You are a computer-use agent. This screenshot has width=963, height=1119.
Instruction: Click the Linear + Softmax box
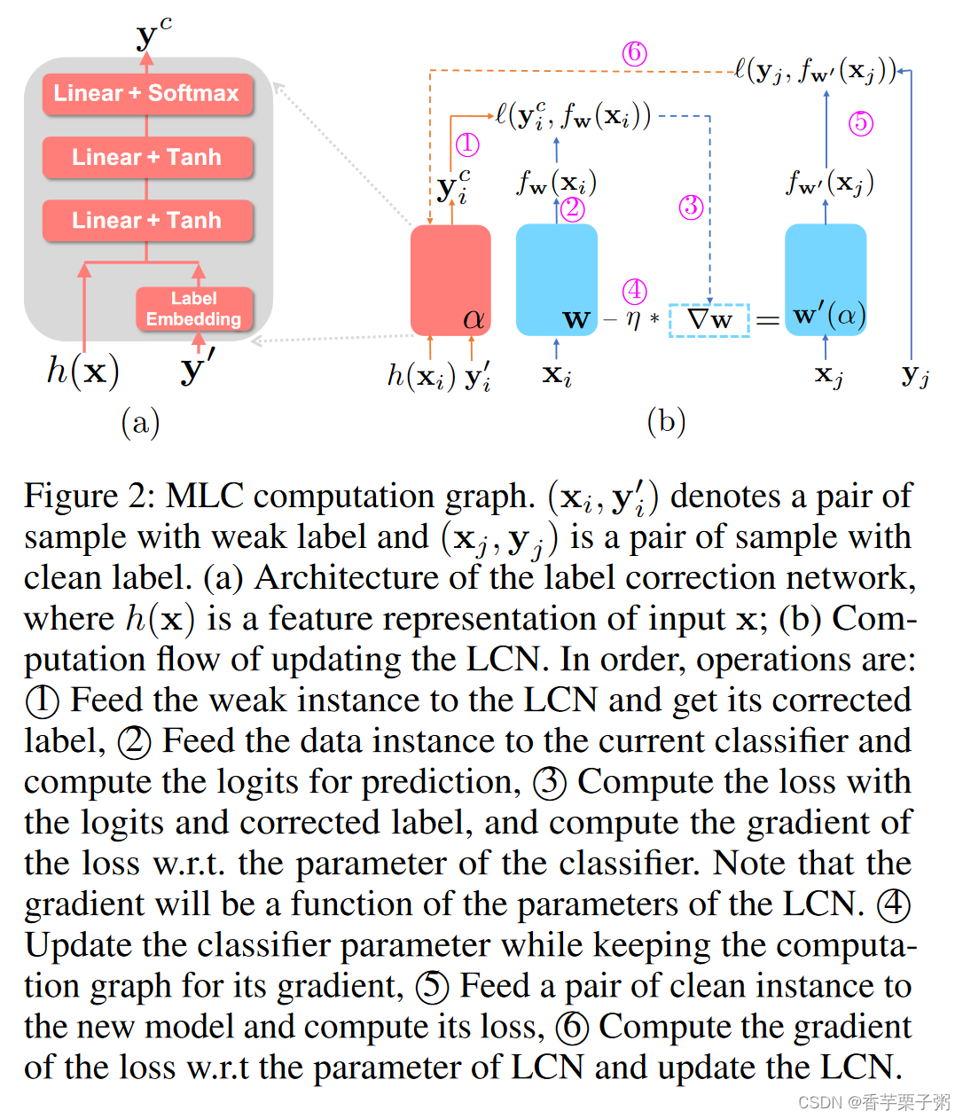click(147, 94)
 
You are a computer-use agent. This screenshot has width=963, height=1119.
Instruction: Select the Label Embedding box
click(194, 309)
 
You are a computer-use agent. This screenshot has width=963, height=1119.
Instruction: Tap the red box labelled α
click(450, 280)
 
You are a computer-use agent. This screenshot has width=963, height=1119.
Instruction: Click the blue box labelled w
click(556, 280)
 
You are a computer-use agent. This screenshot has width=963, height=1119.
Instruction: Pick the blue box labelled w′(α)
click(826, 280)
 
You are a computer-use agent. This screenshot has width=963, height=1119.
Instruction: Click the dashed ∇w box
click(709, 319)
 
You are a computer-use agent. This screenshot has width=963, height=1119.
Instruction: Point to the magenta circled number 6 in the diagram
click(634, 54)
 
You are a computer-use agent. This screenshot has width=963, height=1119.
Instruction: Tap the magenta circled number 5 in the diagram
click(860, 122)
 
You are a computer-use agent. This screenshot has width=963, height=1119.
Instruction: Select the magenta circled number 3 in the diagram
click(691, 207)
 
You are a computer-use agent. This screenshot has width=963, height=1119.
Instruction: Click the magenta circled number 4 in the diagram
click(634, 291)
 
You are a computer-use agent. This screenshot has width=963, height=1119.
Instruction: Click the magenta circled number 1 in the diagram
click(467, 145)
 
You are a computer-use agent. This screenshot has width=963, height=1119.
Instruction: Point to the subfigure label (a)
click(140, 422)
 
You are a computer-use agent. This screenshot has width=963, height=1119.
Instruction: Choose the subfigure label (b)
click(667, 422)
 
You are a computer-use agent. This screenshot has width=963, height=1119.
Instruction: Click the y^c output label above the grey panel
click(153, 35)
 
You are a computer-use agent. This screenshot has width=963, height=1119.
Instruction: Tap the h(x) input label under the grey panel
click(82, 371)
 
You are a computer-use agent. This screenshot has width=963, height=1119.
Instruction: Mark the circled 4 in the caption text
click(893, 905)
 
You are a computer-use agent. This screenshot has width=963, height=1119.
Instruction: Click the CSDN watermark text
click(873, 1102)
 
